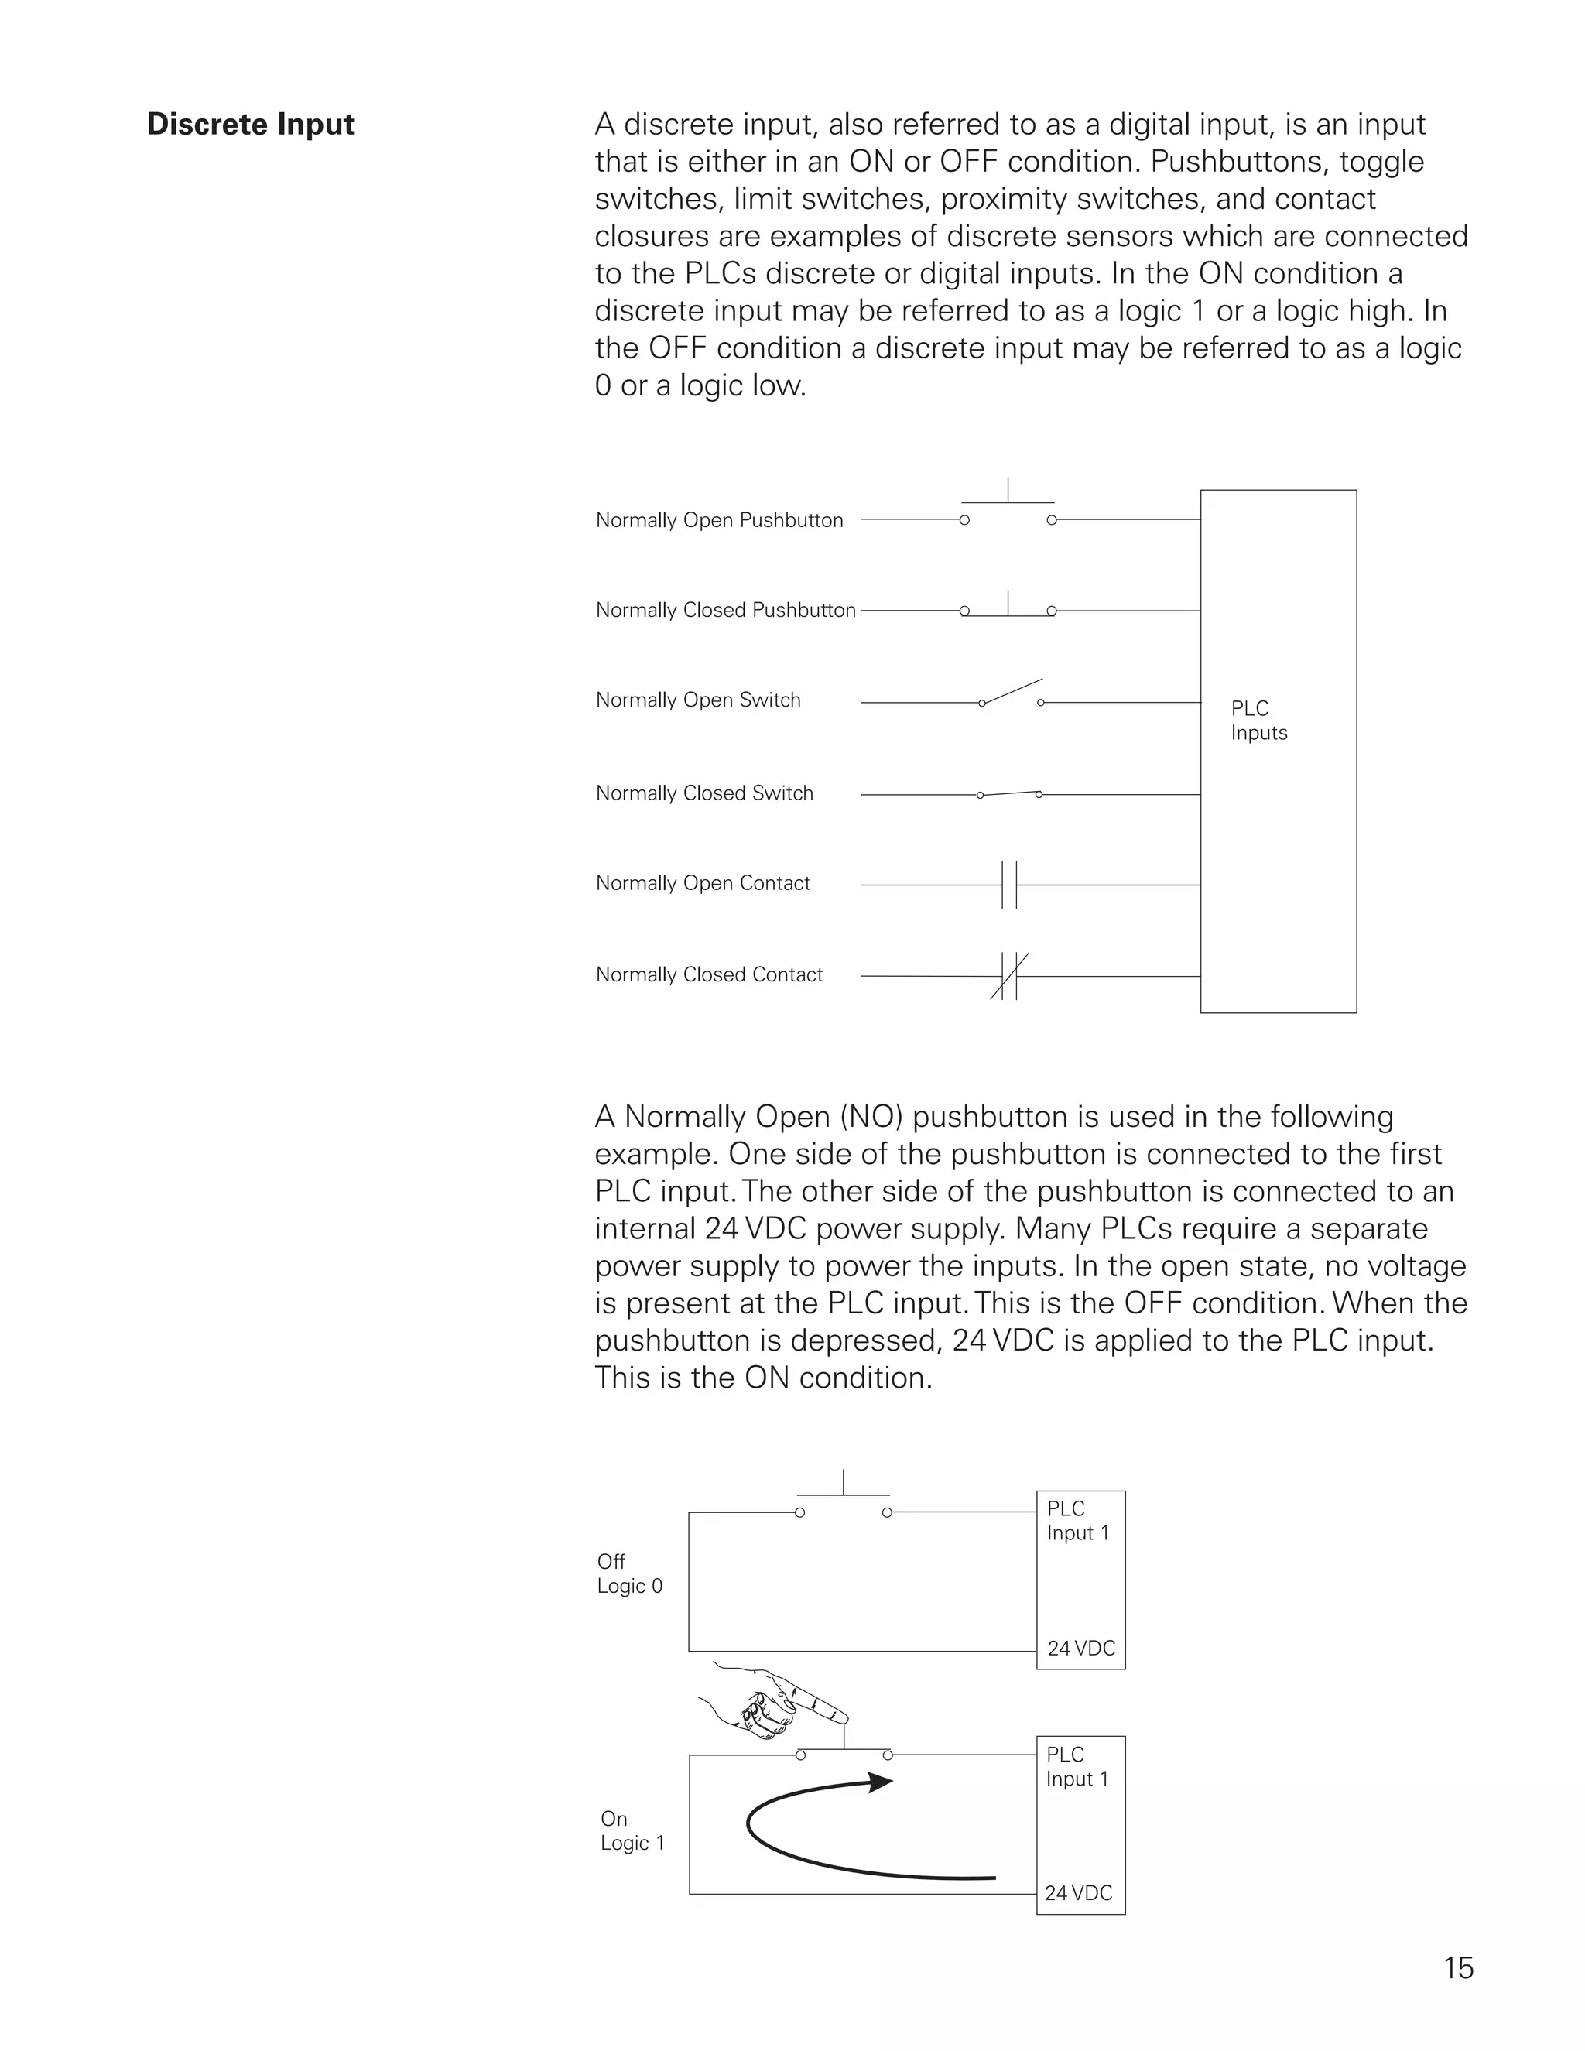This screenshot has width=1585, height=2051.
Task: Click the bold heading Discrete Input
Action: click(x=251, y=125)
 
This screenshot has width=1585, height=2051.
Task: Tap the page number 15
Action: click(x=1457, y=1967)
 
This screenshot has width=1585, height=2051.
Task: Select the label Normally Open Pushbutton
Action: click(x=719, y=520)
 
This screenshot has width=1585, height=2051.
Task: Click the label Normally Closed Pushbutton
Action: click(x=726, y=611)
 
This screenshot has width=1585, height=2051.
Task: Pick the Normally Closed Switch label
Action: click(x=704, y=793)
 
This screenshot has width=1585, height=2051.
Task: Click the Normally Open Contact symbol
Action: click(x=1009, y=885)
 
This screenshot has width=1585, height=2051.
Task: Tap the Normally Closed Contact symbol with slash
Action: click(x=1009, y=976)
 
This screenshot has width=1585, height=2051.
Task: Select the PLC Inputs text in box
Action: click(x=1258, y=721)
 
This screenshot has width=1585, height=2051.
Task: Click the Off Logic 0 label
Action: click(x=629, y=1574)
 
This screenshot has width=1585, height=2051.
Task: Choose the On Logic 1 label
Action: click(x=632, y=1831)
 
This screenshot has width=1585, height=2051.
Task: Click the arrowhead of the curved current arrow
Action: click(x=880, y=1782)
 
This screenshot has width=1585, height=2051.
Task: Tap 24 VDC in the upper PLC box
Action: click(x=1080, y=1648)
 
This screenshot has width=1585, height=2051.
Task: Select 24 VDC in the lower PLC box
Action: click(x=1078, y=1893)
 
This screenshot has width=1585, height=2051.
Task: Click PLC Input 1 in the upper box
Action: click(x=1077, y=1522)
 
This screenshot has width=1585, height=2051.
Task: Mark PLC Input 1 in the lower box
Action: click(x=1077, y=1768)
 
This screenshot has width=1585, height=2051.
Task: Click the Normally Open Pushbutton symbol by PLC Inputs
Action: click(x=1008, y=509)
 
